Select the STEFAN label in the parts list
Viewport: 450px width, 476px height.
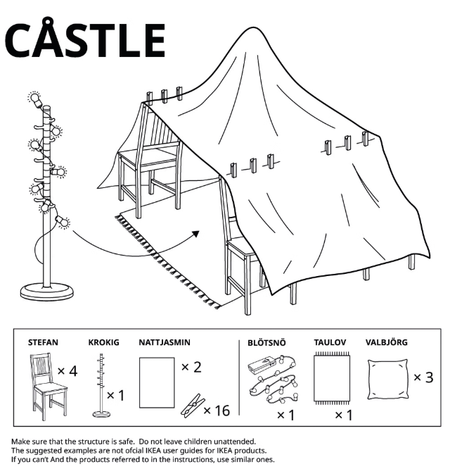43,343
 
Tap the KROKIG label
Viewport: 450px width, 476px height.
103,343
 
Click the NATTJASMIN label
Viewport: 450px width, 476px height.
165,343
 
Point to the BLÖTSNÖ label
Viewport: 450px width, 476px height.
266,343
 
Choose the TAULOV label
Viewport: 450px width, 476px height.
330,343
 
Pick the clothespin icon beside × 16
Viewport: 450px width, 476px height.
189,406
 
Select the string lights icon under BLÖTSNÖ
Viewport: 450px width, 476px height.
274,380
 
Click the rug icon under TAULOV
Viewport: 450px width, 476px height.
333,379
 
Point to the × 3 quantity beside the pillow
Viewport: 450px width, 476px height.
423,377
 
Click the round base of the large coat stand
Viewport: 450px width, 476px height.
46,289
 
